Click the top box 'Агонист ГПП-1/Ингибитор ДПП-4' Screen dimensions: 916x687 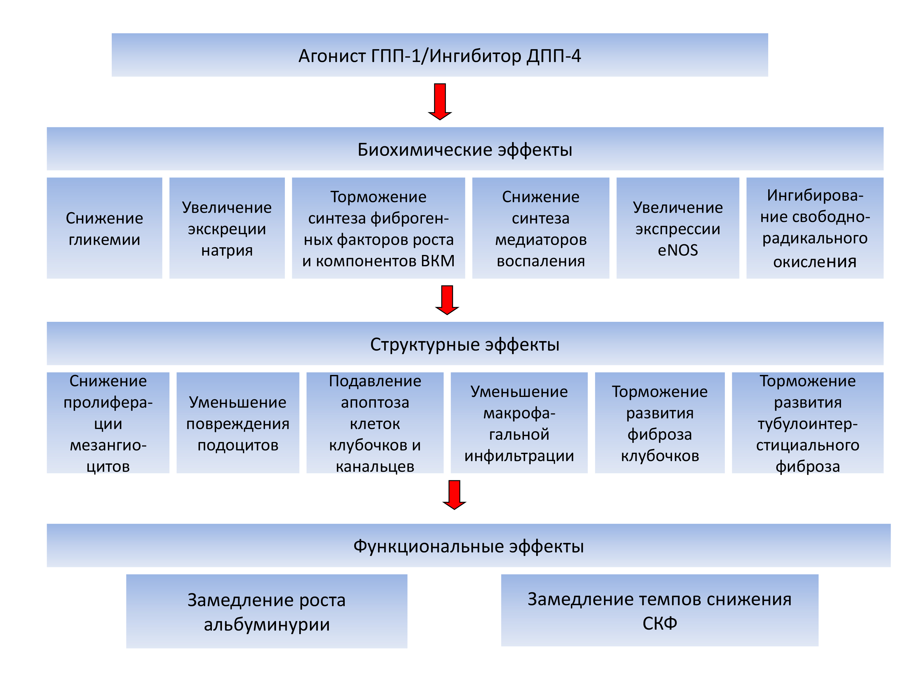click(440, 55)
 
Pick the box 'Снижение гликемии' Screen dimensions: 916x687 click(104, 228)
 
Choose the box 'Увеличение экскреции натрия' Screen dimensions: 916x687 click(227, 228)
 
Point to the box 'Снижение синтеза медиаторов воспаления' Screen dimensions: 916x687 click(541, 228)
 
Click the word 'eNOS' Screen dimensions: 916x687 click(678, 250)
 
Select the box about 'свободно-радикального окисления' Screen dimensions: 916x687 click(815, 228)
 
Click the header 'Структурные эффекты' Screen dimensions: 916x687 click(465, 344)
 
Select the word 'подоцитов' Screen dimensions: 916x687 click(238, 445)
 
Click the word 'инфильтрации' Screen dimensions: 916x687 click(519, 456)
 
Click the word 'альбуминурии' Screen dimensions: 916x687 click(267, 624)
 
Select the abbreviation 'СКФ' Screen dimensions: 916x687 click(660, 623)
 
